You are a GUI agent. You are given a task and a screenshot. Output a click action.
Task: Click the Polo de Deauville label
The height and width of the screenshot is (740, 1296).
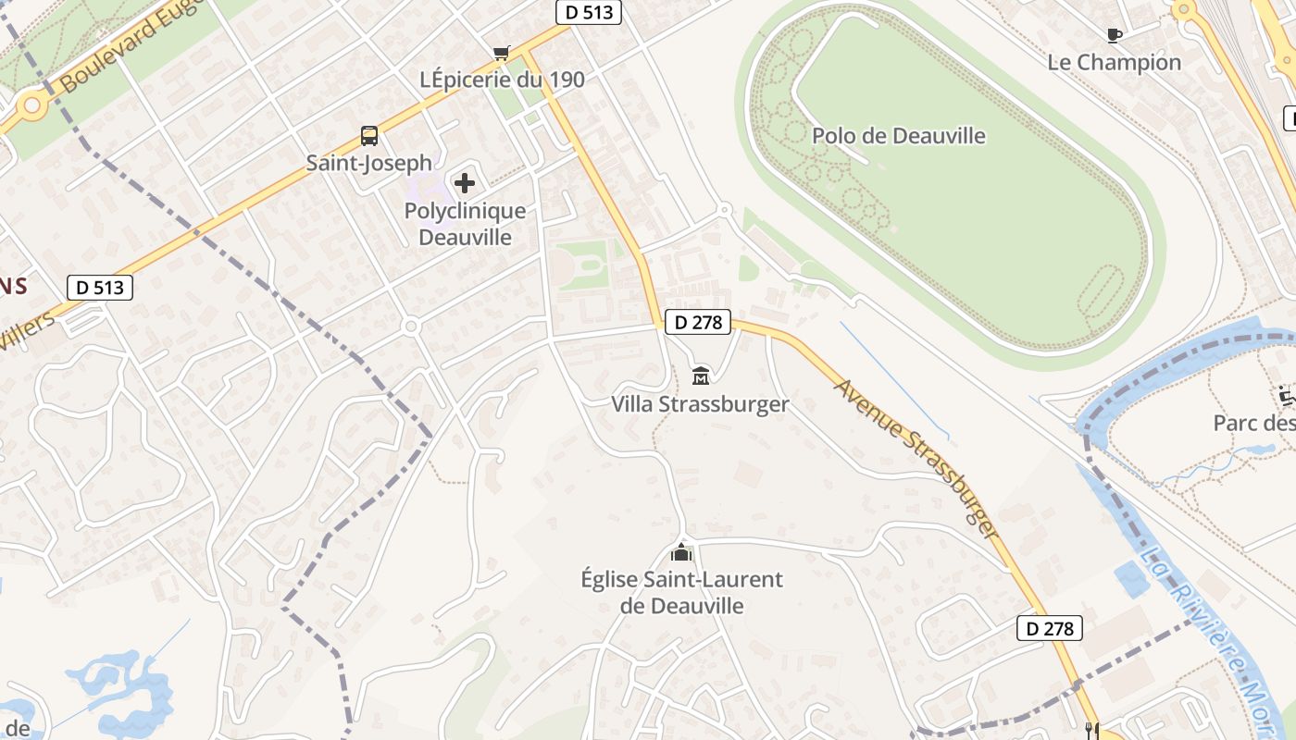pos(898,136)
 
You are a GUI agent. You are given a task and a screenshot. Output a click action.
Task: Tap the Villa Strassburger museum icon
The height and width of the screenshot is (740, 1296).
pos(701,376)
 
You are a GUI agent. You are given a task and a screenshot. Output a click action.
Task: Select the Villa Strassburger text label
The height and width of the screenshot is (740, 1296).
pos(700,404)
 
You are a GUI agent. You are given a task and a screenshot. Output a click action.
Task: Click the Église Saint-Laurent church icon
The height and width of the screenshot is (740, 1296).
pos(681,553)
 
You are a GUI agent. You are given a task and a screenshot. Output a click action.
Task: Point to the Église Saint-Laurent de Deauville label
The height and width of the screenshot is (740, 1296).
pos(681,593)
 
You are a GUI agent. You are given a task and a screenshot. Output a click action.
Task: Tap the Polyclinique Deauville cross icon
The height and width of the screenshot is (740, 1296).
pos(464,183)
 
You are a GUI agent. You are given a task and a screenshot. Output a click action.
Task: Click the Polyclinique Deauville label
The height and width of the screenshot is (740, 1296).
pos(465,224)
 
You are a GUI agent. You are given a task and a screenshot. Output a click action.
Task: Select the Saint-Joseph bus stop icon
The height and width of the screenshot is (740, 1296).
pos(369,136)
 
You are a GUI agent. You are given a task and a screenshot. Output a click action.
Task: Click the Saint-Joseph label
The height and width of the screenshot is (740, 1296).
pos(369,164)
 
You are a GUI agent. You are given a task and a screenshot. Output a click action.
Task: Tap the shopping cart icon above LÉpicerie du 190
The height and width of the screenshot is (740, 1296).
pos(501,53)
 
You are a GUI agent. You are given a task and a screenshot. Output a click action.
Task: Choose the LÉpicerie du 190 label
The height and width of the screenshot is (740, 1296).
pos(502,80)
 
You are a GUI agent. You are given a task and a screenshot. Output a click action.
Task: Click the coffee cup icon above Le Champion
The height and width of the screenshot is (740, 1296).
pos(1114,35)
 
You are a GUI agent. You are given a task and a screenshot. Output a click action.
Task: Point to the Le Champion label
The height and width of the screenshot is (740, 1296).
pos(1115,62)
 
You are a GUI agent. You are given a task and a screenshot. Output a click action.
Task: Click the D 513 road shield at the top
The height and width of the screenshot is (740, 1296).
pos(588,12)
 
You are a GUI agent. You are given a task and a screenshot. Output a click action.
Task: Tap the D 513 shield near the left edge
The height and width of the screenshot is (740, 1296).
pos(100,288)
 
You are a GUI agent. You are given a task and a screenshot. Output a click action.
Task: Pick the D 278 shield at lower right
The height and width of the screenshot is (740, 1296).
pos(1050,629)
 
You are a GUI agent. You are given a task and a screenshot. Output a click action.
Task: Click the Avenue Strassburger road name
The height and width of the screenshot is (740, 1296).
pos(916,458)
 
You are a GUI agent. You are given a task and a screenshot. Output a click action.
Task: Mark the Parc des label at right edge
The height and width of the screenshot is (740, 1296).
pos(1253,423)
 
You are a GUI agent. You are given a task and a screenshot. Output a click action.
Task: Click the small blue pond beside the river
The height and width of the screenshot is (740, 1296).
pos(1131,578)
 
